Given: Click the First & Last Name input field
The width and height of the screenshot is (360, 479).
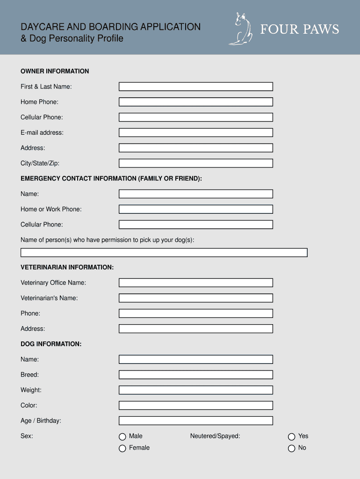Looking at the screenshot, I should (x=195, y=87).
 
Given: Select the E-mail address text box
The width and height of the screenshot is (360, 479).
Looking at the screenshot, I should (x=195, y=132).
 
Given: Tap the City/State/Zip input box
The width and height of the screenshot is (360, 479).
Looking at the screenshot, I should (x=195, y=163).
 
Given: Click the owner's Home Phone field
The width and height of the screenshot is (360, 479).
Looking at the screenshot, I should (x=195, y=102).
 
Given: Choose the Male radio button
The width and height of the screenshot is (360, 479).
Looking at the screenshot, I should (x=122, y=436).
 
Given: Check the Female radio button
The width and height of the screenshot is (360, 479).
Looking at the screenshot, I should (x=122, y=448).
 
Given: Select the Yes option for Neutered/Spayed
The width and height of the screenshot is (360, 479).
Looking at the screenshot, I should (x=292, y=436).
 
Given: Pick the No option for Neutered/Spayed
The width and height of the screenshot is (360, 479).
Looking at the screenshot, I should (x=292, y=448).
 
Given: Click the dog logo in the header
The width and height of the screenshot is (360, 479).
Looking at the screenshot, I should (x=240, y=29).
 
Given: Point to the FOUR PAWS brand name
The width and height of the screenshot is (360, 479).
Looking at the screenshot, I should (x=299, y=29).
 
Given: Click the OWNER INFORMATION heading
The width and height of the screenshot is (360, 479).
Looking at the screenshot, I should (x=55, y=71).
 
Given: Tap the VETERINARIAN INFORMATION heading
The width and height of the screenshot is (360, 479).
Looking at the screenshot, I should (x=67, y=267).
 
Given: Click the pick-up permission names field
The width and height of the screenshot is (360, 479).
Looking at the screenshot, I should (x=164, y=253).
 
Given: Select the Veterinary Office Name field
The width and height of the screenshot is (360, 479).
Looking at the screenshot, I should (x=195, y=283).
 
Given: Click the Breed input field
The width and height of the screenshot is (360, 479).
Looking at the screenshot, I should (x=195, y=375).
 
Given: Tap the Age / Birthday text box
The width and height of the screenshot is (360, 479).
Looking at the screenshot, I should (x=195, y=421).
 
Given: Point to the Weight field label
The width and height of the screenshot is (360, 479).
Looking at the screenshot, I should (x=31, y=390).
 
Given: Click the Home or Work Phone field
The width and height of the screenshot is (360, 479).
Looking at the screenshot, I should (x=195, y=209).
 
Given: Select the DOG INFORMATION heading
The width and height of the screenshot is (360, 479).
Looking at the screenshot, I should (x=51, y=344).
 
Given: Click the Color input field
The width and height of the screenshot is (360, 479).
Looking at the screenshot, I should (x=195, y=405).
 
